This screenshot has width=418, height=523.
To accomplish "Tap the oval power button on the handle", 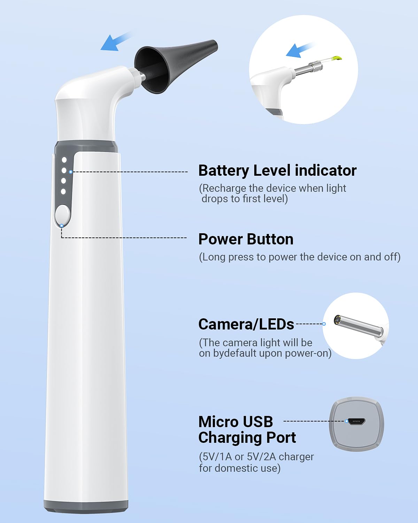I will click(x=63, y=214).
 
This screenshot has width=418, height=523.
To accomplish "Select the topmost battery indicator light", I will click(x=64, y=160).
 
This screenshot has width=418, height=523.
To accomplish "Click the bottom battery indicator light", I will click(x=63, y=191).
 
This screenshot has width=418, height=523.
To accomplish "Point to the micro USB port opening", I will click(x=356, y=422).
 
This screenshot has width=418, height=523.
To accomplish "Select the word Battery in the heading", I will click(x=223, y=171).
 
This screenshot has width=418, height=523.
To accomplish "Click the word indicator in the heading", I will click(x=326, y=171).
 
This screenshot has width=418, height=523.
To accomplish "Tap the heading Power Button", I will click(x=246, y=239).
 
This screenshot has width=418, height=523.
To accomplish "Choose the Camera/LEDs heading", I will click(x=246, y=324).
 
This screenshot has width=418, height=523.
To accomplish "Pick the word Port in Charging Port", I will click(x=280, y=438).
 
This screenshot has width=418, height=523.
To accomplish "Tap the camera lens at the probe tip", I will click(x=337, y=319).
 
